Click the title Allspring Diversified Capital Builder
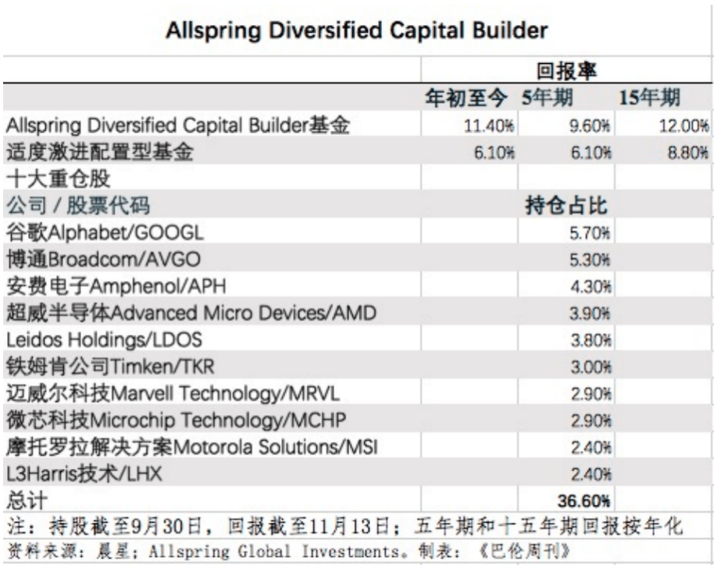[x=358, y=32]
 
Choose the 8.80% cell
[x=688, y=153]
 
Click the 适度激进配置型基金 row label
[x=99, y=153]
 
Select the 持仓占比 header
[x=566, y=206]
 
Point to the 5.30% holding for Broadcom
[x=591, y=260]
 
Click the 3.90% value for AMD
[x=591, y=313]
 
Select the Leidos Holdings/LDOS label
[x=105, y=340]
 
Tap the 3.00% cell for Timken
[x=591, y=367]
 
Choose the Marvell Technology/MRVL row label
[x=173, y=393]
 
